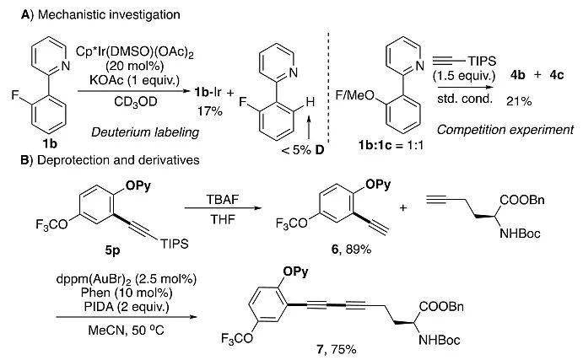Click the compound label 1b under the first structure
50,143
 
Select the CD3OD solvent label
136,101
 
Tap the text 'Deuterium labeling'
145,132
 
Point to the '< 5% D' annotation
303,150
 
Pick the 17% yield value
210,111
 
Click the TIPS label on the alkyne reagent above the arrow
482,61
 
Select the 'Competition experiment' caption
505,130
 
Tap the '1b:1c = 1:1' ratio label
391,145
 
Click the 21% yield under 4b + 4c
519,101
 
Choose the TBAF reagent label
223,200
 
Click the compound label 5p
112,250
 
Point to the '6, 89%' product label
351,250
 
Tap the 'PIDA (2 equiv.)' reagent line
125,307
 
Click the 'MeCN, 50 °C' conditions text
126,330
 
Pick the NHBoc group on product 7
440,340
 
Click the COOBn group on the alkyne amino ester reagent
522,200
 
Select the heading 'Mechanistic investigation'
109,15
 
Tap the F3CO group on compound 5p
51,225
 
